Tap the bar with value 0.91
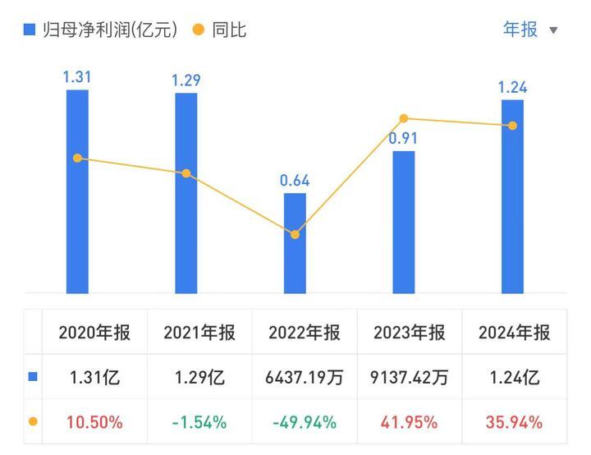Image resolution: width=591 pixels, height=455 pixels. coord(404,222)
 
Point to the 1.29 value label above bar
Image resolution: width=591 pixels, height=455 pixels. coord(186,80)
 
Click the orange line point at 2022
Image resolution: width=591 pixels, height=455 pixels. coord(295,235)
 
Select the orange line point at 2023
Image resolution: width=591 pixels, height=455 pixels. coord(404,119)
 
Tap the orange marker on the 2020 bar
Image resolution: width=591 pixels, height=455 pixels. coord(77,158)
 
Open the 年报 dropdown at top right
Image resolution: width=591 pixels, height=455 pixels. coord(530,30)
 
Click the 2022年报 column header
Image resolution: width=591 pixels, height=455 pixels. coord(304,333)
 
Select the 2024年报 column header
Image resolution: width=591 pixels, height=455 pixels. coord(514,333)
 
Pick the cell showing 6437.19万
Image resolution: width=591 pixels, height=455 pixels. coord(304,378)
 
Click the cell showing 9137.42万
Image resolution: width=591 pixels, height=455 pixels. coord(409,378)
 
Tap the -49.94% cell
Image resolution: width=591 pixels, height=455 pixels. coord(304,422)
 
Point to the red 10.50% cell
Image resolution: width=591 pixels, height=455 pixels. coord(94,422)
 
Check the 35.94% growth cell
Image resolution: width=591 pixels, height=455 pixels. coord(514,422)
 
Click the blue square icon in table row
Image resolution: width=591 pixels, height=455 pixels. coord(33,378)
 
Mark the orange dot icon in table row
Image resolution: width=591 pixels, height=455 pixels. coord(33,422)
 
